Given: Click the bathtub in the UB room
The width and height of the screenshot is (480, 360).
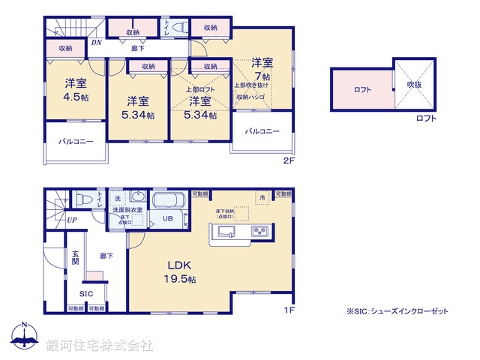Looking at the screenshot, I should pos(166,203).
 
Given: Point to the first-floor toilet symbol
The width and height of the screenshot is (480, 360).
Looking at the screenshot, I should pos(83,199).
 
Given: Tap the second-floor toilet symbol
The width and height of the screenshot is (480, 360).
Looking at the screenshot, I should pos(177,27).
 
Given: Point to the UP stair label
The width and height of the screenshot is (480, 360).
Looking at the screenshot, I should pos(71,220).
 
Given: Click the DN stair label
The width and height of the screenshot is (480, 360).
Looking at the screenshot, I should pos(96,43).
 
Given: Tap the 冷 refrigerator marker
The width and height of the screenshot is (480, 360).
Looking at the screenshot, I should pos(262,197).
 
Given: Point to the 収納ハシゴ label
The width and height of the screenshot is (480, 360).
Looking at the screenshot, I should pos(252,97).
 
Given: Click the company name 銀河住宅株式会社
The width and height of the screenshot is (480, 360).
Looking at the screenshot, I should pos(100,345).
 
